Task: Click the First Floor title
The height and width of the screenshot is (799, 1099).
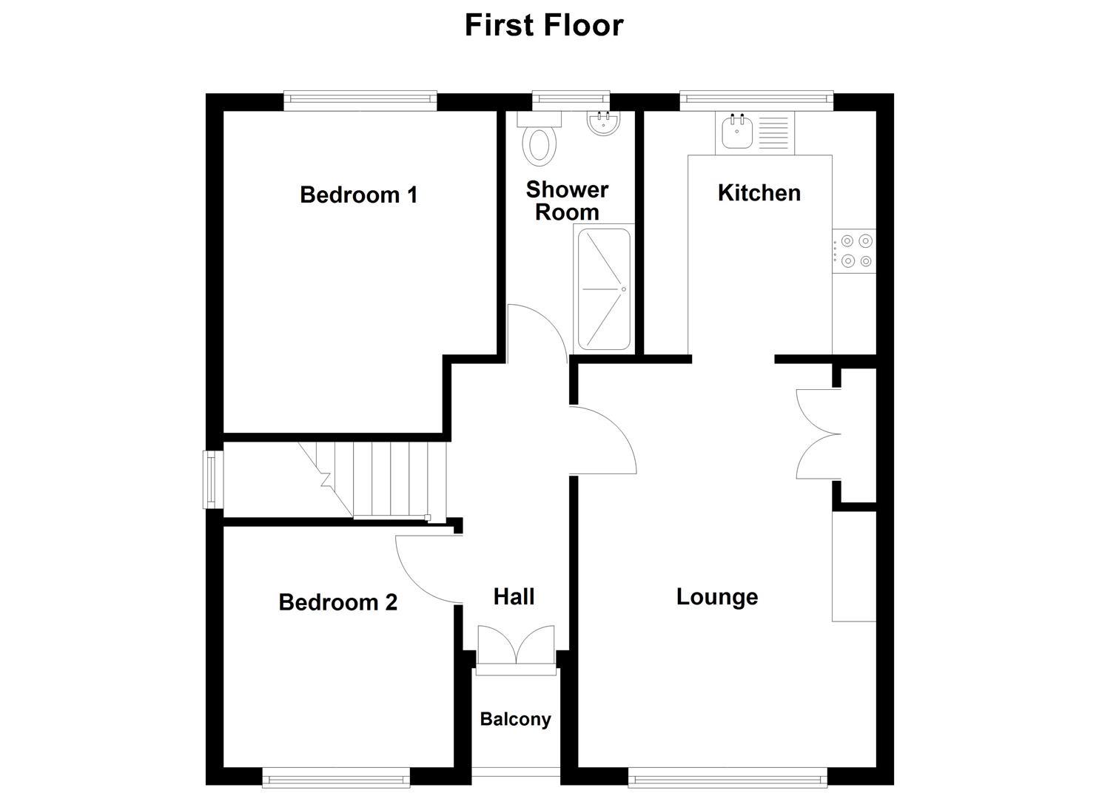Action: pos(544,25)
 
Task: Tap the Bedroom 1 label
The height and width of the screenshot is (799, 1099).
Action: pos(358,195)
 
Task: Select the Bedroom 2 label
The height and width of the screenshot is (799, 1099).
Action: pos(337,602)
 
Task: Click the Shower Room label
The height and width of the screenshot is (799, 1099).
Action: pos(567,200)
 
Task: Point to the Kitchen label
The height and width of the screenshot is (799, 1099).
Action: pos(759,193)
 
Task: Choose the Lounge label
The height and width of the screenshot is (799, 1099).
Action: pos(716,597)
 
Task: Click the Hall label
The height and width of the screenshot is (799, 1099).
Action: pos(514,597)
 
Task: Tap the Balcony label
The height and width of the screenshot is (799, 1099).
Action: pos(515,719)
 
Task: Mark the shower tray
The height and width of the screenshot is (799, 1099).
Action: pos(604,289)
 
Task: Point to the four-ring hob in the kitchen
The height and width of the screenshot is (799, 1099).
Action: pos(855,251)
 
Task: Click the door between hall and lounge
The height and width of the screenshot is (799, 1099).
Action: pos(603,440)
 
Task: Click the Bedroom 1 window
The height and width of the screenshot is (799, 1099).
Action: pos(360,101)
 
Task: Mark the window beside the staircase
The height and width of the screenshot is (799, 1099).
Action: pos(212,479)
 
